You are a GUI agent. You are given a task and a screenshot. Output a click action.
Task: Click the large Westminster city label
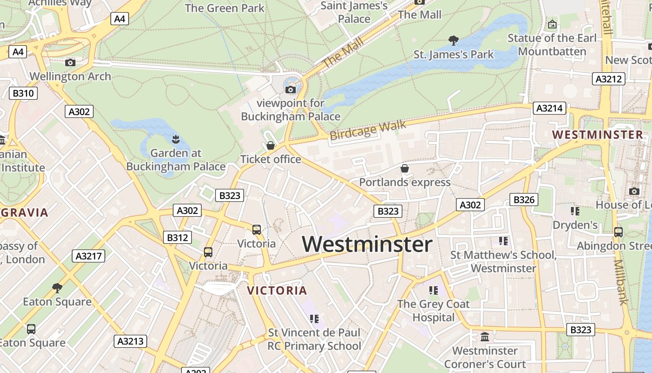367,244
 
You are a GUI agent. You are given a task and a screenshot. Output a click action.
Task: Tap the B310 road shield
23,93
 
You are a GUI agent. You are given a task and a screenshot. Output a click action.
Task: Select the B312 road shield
177,237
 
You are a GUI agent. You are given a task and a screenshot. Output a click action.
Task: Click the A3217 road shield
88,256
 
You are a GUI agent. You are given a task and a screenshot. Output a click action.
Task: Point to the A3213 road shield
130,341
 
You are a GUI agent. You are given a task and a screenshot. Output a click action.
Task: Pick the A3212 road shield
609,79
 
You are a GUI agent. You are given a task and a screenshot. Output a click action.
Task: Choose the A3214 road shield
550,109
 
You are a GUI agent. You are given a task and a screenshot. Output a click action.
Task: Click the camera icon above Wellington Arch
70,62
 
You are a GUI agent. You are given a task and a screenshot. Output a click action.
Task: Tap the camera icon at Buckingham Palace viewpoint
291,90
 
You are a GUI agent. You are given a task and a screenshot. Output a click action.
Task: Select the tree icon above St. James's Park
453,41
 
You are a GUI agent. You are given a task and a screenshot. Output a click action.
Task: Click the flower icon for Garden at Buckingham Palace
176,139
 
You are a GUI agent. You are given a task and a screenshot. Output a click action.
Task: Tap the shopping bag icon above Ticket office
271,146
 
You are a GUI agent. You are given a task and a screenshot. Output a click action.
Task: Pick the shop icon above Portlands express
405,168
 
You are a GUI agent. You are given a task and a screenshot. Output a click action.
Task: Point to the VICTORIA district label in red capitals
277,290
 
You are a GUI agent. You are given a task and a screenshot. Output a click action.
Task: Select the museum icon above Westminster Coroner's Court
485,337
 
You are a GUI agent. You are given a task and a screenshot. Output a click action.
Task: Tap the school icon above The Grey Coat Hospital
434,290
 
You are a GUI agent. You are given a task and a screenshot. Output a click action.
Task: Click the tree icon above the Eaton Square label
57,288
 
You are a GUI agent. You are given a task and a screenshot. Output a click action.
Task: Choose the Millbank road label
622,282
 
